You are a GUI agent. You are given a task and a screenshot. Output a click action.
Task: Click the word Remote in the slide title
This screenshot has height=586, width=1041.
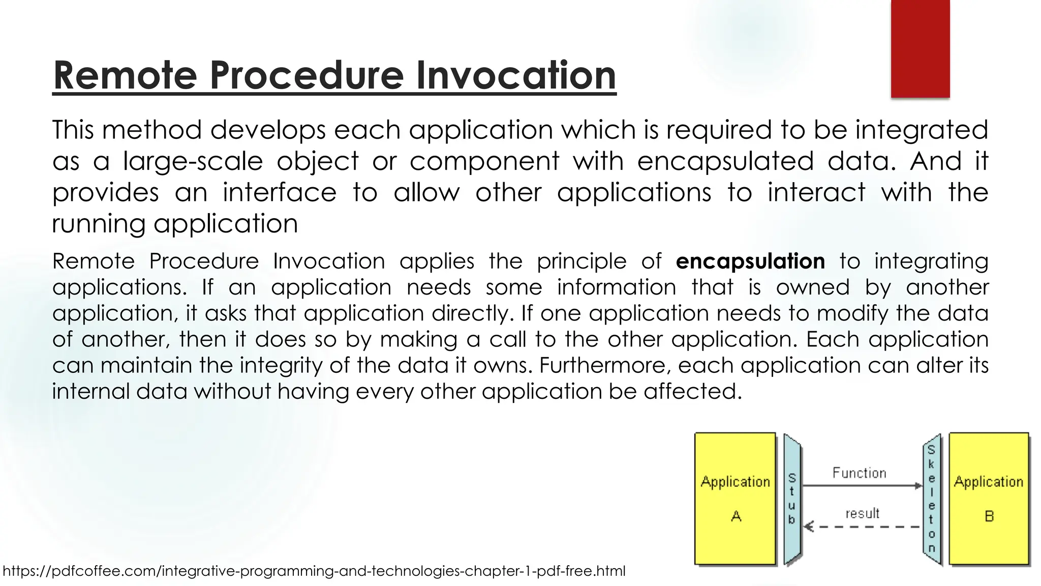click(125, 75)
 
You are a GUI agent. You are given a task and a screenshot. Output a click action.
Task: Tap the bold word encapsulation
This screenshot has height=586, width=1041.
click(750, 261)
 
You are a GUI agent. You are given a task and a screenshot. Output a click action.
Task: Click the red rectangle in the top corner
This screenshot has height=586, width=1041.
click(920, 48)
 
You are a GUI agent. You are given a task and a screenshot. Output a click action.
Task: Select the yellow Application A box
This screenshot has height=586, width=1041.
click(735, 499)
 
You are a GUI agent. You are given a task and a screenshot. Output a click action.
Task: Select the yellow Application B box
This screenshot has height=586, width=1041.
click(989, 499)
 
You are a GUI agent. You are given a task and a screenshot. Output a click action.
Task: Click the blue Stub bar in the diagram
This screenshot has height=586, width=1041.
click(792, 499)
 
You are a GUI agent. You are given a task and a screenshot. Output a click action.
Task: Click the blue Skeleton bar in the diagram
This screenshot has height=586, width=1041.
click(932, 499)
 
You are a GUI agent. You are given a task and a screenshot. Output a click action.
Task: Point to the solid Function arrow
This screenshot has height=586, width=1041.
click(862, 486)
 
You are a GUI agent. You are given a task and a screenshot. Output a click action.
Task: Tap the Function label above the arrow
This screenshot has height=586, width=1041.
click(859, 473)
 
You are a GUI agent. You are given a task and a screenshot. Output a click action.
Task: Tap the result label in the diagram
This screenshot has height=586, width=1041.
click(862, 514)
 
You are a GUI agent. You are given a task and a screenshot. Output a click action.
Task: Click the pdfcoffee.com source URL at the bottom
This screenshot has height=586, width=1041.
click(314, 571)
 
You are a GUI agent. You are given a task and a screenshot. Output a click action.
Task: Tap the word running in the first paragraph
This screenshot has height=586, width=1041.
click(99, 224)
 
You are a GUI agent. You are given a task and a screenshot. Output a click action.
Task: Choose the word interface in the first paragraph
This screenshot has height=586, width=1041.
click(279, 193)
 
